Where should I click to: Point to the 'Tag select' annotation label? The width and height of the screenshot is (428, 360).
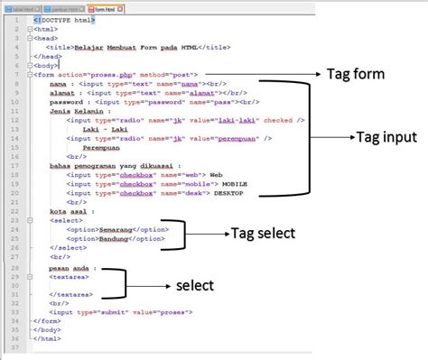coord(262,233)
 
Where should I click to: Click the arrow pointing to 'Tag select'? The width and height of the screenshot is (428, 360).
coord(208,234)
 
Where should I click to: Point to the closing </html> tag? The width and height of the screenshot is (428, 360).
coord(45,338)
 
